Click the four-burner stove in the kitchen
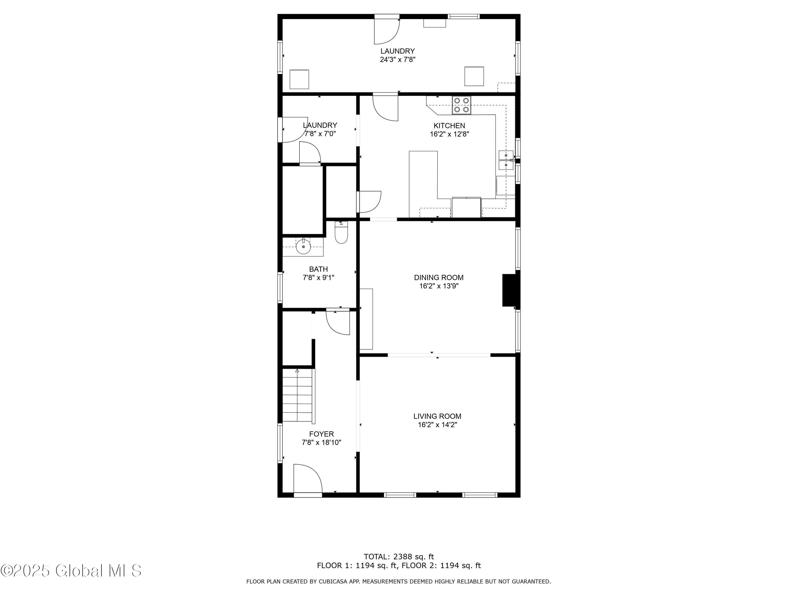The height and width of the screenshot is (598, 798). [462, 105]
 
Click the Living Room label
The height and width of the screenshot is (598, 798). [437, 416]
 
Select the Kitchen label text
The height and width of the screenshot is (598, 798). [449, 125]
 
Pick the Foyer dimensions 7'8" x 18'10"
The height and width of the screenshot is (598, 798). [321, 442]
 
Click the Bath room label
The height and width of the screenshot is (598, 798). [319, 269]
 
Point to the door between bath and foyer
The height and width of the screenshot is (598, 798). [338, 322]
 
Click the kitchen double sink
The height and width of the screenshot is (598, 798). [506, 160]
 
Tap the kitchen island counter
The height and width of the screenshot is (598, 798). [423, 184]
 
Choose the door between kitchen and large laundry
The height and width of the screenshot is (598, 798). [385, 107]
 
